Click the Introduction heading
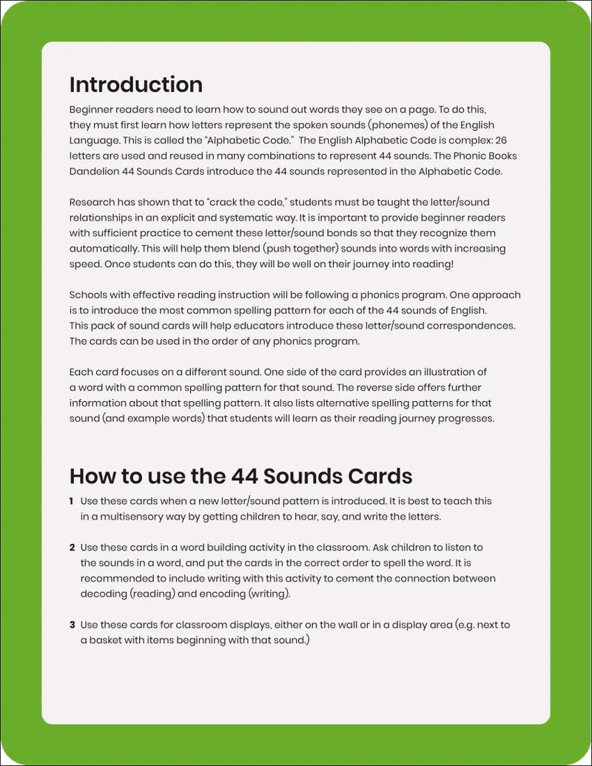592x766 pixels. pyautogui.click(x=135, y=84)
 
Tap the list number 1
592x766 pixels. pyautogui.click(x=72, y=502)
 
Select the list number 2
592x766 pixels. pyautogui.click(x=72, y=548)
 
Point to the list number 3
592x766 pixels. pyautogui.click(x=72, y=625)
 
